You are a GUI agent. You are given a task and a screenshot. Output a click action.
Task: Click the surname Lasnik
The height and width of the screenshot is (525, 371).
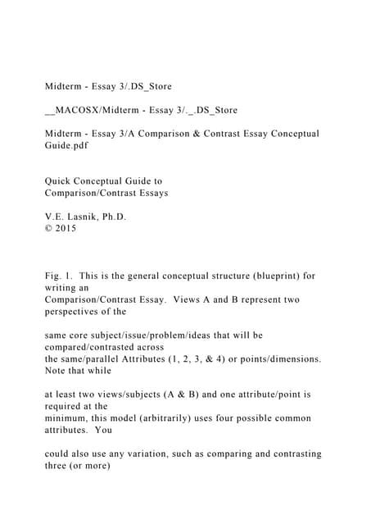click(x=93, y=217)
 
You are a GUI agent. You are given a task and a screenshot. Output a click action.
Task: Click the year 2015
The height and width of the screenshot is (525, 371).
click(x=65, y=229)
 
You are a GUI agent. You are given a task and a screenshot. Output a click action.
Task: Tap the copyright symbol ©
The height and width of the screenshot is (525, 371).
click(x=48, y=229)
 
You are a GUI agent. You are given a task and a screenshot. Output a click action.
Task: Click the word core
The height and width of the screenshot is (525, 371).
click(x=84, y=336)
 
